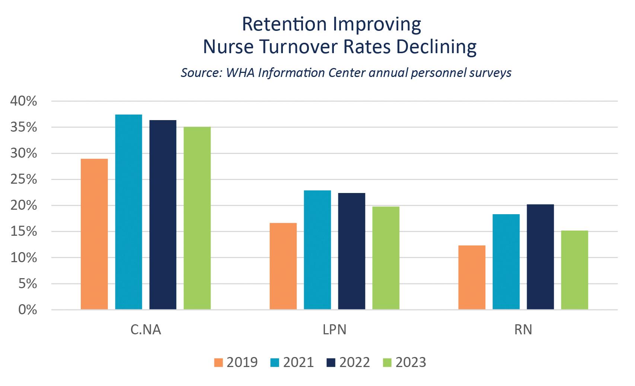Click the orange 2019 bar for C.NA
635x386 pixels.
coord(94,234)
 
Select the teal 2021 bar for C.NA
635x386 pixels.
coord(128,212)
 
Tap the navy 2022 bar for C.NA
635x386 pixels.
coord(163,215)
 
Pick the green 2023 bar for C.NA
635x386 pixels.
coord(197,218)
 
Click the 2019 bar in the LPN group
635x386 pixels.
coord(283,266)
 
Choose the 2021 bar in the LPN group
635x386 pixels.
coord(317,250)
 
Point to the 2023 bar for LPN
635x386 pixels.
coord(386,258)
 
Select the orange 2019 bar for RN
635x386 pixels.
coord(472,277)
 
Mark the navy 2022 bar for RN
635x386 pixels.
coord(540,257)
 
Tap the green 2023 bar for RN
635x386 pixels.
coord(574,270)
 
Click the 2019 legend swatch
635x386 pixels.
coord(218,363)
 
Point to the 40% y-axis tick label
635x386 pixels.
coord(23,101)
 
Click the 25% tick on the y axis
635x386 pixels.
coord(23,180)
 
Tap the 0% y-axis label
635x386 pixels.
coord(28,310)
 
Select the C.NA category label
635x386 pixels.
coord(146,330)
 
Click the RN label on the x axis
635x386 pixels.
coord(523,330)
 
